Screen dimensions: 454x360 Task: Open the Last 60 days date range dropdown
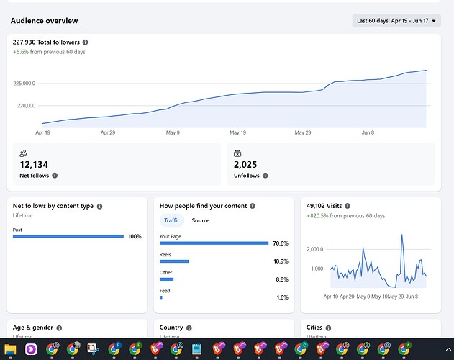[396, 21]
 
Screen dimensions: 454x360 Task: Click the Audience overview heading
[45, 21]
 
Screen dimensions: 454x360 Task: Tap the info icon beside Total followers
[85, 42]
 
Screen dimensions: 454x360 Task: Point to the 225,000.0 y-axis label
[24, 84]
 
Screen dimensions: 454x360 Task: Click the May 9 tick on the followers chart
[173, 132]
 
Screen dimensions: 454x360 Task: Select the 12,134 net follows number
[34, 165]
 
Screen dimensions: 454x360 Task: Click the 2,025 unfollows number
[245, 165]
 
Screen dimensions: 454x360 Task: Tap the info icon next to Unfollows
[265, 176]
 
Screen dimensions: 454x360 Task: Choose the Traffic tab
[172, 220]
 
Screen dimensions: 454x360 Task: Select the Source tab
[200, 220]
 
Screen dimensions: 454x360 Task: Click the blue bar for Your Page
[214, 243]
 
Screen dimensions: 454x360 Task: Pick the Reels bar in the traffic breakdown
[174, 261]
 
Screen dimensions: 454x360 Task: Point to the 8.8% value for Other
[282, 279]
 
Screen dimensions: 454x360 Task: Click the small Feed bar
[161, 297]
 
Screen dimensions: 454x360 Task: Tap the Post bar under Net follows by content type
[68, 237]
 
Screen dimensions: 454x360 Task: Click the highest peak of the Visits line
[402, 235]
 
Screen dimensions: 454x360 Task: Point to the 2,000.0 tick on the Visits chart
[314, 249]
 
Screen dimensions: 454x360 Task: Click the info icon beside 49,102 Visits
[348, 206]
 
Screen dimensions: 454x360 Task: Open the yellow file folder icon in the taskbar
[10, 349]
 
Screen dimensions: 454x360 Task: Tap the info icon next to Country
[189, 328]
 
